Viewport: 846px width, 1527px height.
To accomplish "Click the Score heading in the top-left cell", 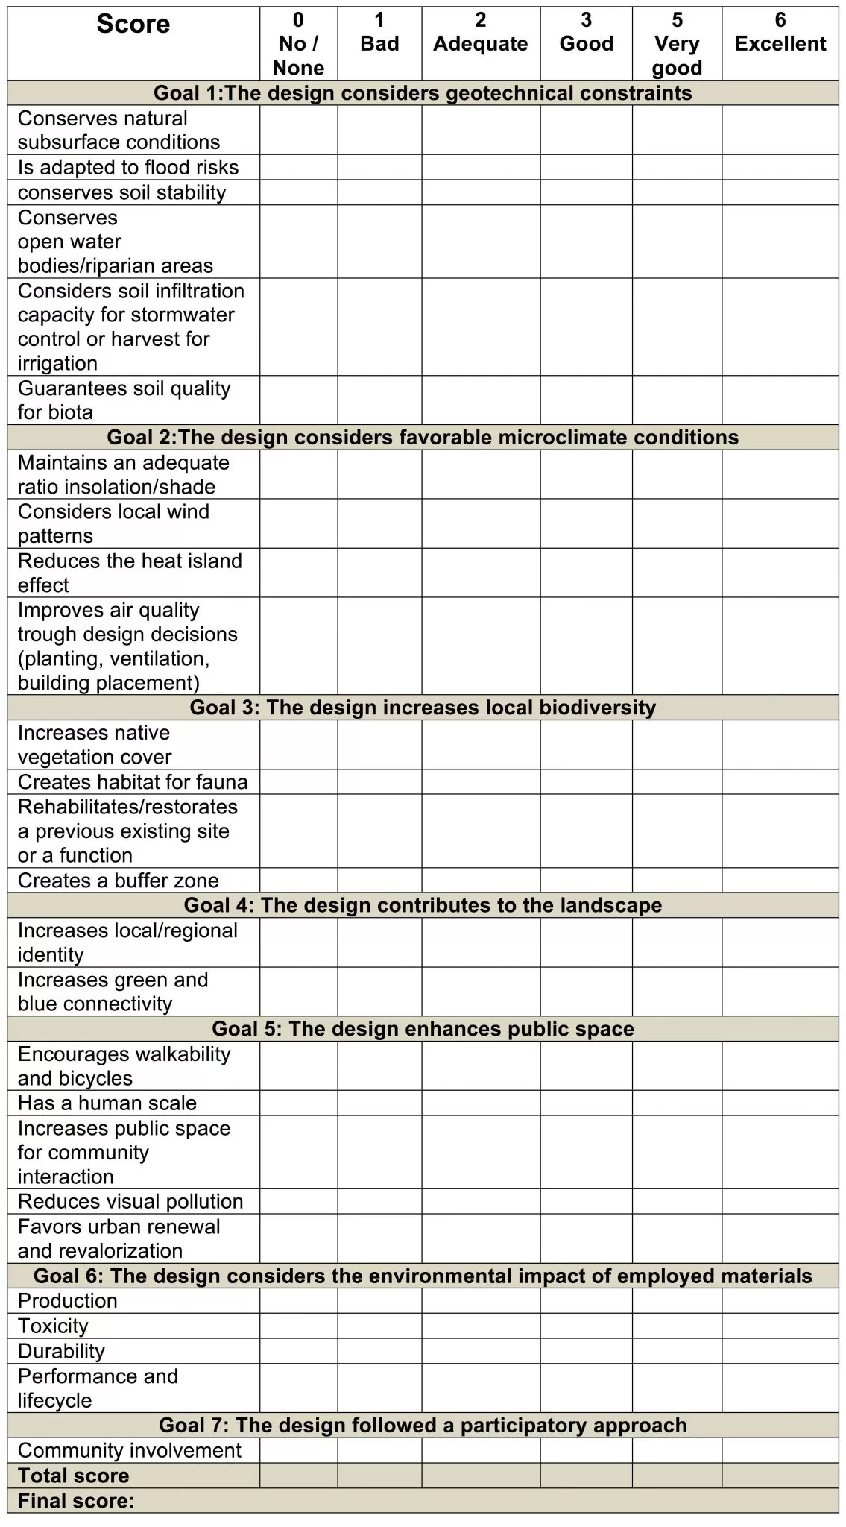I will point(133,25).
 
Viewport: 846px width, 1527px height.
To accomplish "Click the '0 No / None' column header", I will point(298,44).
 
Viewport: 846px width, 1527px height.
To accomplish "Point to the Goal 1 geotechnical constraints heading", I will point(423,93).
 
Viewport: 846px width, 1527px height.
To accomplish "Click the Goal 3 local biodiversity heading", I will point(423,708).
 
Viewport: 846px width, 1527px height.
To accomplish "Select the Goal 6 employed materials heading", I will point(423,1276).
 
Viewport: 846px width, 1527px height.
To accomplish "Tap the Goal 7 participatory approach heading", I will point(423,1425).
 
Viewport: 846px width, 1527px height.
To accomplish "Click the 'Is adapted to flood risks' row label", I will point(128,167).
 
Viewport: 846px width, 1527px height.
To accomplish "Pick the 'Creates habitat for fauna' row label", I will point(133,782).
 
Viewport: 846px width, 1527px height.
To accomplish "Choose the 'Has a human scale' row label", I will point(107,1103).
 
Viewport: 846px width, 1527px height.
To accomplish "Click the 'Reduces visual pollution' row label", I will point(130,1201).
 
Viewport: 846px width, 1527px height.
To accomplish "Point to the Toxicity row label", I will point(53,1326).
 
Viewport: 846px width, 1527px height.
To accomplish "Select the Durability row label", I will point(61,1351).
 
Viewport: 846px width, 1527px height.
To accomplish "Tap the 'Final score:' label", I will point(76,1501).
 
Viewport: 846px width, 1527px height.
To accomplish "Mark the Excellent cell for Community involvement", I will point(780,1450).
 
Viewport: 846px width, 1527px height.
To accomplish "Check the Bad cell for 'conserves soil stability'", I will point(379,192).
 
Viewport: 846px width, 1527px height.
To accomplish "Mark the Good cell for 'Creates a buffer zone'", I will point(586,881).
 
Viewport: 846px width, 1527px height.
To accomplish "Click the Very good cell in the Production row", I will point(677,1301).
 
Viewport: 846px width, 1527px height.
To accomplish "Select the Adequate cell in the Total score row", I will point(481,1476).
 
